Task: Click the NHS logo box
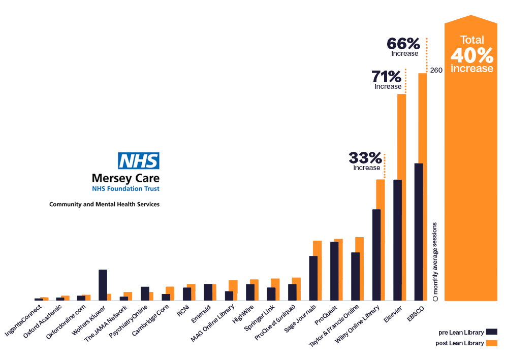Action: (138, 161)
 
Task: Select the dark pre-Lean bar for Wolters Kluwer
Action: (103, 285)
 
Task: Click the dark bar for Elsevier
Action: (398, 240)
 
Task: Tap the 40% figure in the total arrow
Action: (471, 55)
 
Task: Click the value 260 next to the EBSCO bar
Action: (436, 70)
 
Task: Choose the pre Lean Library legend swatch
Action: (491, 332)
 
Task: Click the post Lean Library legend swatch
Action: (491, 343)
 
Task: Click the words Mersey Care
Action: (125, 178)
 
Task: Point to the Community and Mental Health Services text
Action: (104, 204)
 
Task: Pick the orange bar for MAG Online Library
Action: (233, 290)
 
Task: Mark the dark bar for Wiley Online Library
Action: (376, 254)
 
